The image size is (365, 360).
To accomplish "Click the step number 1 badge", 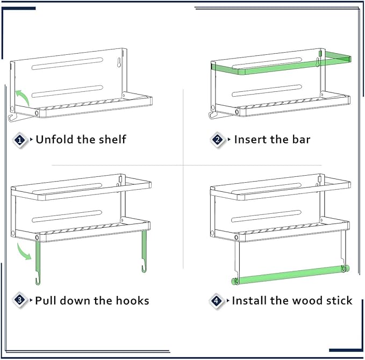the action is (x=20, y=140).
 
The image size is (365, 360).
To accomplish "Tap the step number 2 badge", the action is (x=218, y=140).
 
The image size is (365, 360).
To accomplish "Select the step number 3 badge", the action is (x=20, y=300).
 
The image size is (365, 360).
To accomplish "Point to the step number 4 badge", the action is (x=216, y=301).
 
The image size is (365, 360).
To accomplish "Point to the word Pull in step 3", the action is (x=46, y=300).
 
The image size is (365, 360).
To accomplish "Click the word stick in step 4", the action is (x=339, y=300).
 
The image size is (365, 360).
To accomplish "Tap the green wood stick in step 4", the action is (x=290, y=275).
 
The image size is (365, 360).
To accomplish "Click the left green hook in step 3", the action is (x=38, y=263).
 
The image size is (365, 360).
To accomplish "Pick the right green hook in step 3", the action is (x=144, y=251).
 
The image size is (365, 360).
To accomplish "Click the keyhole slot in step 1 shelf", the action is (x=119, y=62).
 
